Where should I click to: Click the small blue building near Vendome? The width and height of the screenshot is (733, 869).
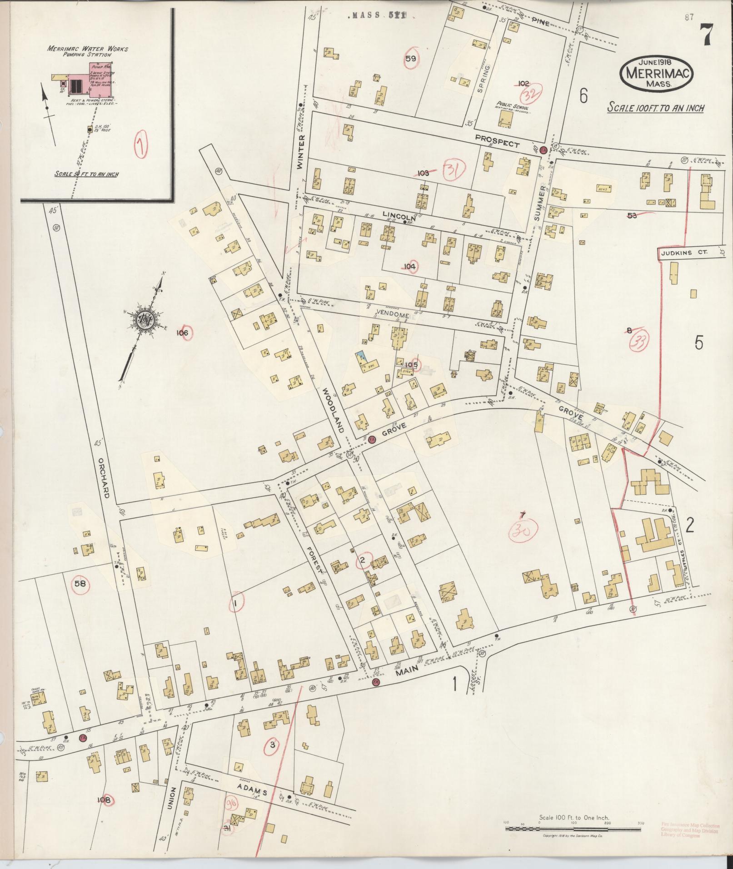pyautogui.click(x=362, y=357)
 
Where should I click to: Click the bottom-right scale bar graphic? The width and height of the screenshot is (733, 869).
pyautogui.click(x=573, y=828)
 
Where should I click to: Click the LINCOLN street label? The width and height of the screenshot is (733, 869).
pyautogui.click(x=397, y=214)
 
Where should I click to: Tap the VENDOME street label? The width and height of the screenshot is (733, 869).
pyautogui.click(x=393, y=315)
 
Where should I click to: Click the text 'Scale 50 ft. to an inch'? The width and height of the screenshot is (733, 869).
pyautogui.click(x=86, y=174)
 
